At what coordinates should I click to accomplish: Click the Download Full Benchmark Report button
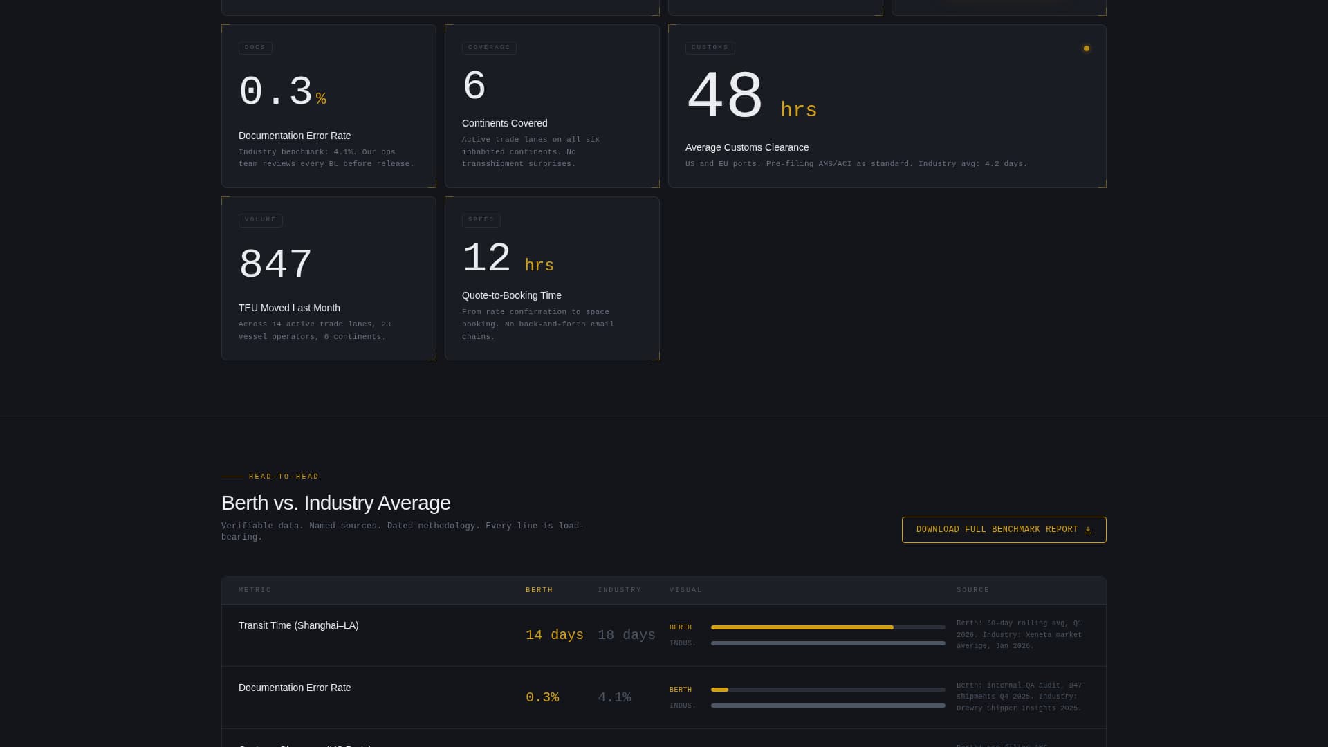click(1003, 530)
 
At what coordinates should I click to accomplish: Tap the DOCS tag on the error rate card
click(255, 48)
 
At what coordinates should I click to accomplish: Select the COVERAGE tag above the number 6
click(489, 48)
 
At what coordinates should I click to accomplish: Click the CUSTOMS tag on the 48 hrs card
click(710, 48)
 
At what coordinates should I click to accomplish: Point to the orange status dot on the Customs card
click(1086, 48)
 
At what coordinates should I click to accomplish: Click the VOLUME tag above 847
click(260, 220)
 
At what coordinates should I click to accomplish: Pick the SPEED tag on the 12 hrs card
click(481, 220)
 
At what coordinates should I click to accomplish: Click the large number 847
click(275, 265)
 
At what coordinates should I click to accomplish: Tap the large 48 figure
click(724, 98)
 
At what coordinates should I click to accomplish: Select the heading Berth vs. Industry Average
click(335, 503)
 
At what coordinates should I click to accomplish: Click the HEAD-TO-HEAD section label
click(284, 477)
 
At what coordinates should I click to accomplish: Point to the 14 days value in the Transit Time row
click(554, 635)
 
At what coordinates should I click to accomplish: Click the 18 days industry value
click(626, 635)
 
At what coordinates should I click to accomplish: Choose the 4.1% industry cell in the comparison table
click(614, 697)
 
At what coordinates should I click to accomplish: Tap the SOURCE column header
click(972, 590)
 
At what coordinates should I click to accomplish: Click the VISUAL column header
click(685, 590)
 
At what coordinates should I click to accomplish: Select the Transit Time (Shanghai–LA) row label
click(298, 625)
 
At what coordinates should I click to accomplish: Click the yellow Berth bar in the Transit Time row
click(802, 627)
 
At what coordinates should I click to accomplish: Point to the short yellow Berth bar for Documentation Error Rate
click(719, 690)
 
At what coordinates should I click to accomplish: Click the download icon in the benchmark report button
click(1087, 530)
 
